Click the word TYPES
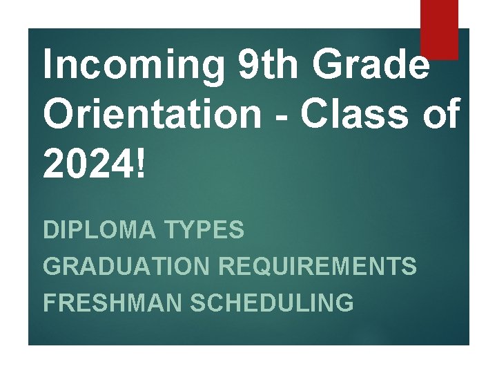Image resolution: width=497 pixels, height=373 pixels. click(x=204, y=230)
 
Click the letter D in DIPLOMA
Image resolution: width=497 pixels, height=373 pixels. click(x=50, y=230)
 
